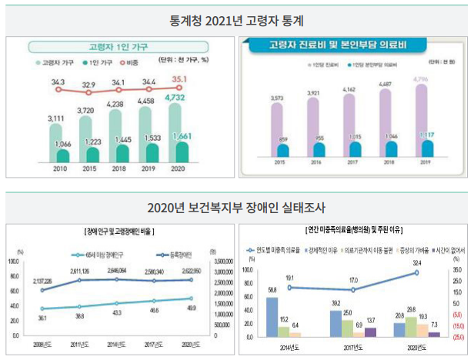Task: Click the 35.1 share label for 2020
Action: tap(179, 78)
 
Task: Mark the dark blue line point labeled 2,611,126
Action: tap(81, 280)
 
